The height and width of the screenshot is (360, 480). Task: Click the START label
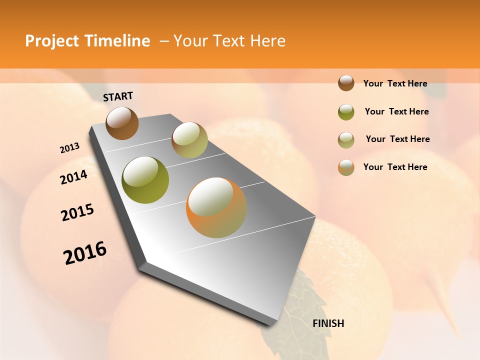tap(118, 96)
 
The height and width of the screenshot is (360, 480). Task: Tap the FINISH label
tap(328, 323)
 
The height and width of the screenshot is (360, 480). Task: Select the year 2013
tap(69, 148)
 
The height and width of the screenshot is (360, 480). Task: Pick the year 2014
tap(73, 177)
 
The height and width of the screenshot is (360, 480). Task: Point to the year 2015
tap(77, 212)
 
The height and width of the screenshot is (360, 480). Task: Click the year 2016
tap(85, 253)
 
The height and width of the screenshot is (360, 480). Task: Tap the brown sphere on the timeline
tap(122, 123)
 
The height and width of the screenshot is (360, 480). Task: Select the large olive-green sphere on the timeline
tap(145, 180)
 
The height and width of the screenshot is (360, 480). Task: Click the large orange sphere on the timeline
tap(216, 207)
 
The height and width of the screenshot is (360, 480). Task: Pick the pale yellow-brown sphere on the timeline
tap(189, 139)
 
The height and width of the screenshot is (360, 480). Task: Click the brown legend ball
tap(346, 83)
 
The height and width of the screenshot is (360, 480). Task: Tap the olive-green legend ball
tap(346, 112)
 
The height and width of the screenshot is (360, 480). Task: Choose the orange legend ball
tap(346, 167)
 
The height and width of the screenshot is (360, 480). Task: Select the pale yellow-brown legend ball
tap(346, 140)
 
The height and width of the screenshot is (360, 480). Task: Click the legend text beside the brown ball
tap(395, 83)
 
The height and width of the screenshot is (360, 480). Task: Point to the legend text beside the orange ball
tap(395, 167)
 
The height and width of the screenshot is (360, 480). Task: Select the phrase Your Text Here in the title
tap(229, 41)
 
